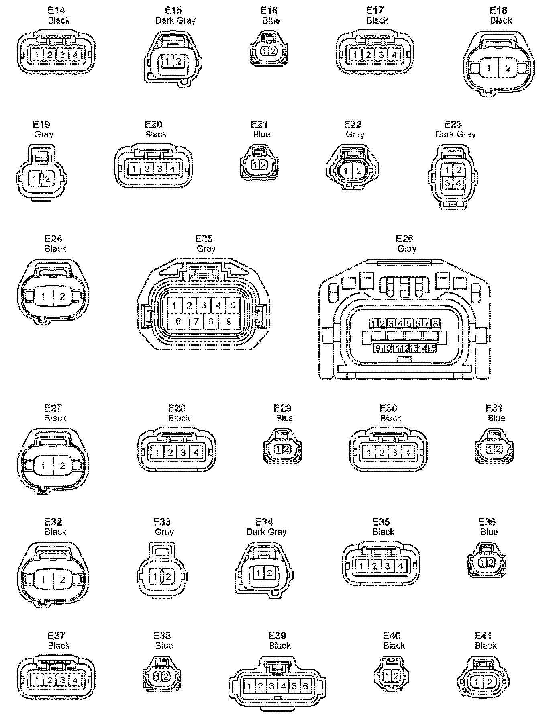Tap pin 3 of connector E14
tap(63, 54)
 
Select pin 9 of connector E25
tap(229, 321)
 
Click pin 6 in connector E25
tap(178, 321)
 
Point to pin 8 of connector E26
tap(435, 323)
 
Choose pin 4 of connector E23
tap(459, 183)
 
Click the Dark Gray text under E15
tap(175, 20)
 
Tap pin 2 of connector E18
tap(508, 68)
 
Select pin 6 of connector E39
tap(305, 686)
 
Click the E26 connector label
tap(404, 239)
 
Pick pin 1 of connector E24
tap(43, 297)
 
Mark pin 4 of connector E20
tap(173, 169)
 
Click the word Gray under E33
tap(164, 532)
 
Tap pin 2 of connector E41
tap(489, 682)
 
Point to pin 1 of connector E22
tap(346, 171)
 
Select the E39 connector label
tap(277, 636)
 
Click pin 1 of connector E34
tap(259, 573)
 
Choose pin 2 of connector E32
tap(63, 580)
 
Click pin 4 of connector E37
tap(75, 680)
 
